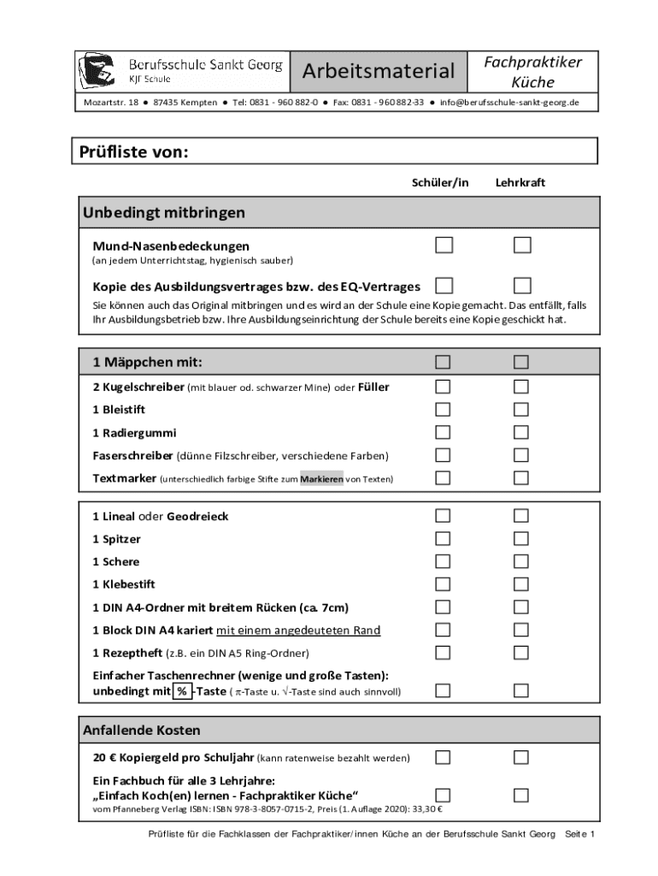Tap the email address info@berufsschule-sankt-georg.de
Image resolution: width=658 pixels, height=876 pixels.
(509, 103)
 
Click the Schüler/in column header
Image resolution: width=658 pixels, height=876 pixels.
(440, 182)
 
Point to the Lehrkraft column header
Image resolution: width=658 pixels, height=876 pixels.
(520, 182)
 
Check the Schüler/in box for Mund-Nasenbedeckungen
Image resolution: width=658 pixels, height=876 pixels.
(444, 246)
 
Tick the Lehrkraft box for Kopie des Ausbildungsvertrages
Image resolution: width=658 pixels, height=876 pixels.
(521, 285)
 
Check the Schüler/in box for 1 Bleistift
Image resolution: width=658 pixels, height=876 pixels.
(444, 410)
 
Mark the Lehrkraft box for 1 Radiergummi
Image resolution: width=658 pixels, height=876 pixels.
(521, 432)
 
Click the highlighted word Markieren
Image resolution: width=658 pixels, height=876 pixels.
(321, 479)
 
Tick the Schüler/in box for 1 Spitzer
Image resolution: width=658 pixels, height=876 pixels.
(444, 539)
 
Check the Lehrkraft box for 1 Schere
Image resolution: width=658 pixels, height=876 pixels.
(521, 561)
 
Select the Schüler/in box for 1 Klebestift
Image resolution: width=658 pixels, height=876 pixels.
(444, 584)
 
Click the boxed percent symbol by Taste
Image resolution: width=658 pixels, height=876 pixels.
(182, 691)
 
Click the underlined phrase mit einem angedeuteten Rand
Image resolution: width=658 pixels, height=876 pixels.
(297, 630)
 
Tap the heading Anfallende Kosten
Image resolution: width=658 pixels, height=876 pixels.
(142, 731)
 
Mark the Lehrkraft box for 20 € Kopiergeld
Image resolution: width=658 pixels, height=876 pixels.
(521, 757)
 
